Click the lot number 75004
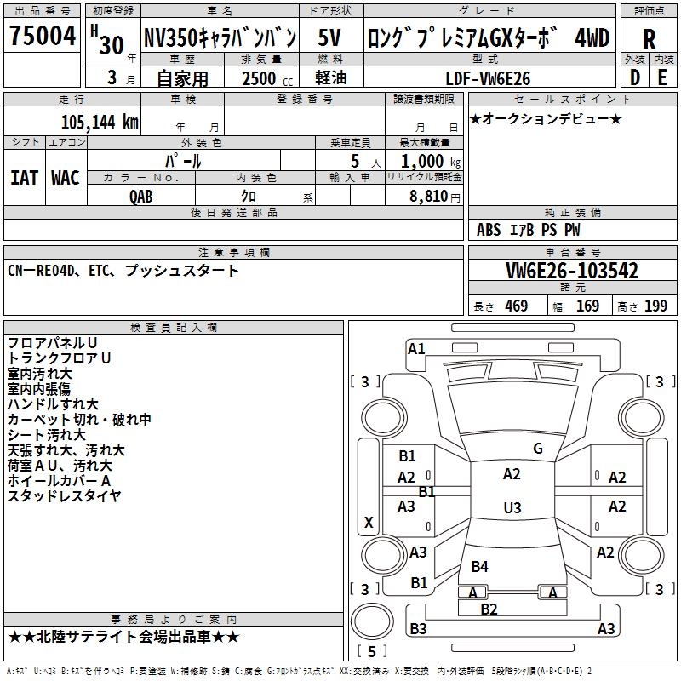(42, 37)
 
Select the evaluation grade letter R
(649, 39)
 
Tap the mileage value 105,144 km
(100, 122)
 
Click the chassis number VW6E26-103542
(572, 271)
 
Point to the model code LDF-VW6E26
(489, 78)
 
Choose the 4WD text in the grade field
(592, 37)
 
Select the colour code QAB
(142, 195)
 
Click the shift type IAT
(24, 177)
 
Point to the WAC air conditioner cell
(66, 177)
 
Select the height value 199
(655, 306)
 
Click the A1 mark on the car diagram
(416, 348)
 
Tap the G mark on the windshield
(538, 449)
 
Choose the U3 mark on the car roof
(512, 508)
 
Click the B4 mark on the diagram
(480, 567)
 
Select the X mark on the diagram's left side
(369, 522)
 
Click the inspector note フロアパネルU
(52, 343)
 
